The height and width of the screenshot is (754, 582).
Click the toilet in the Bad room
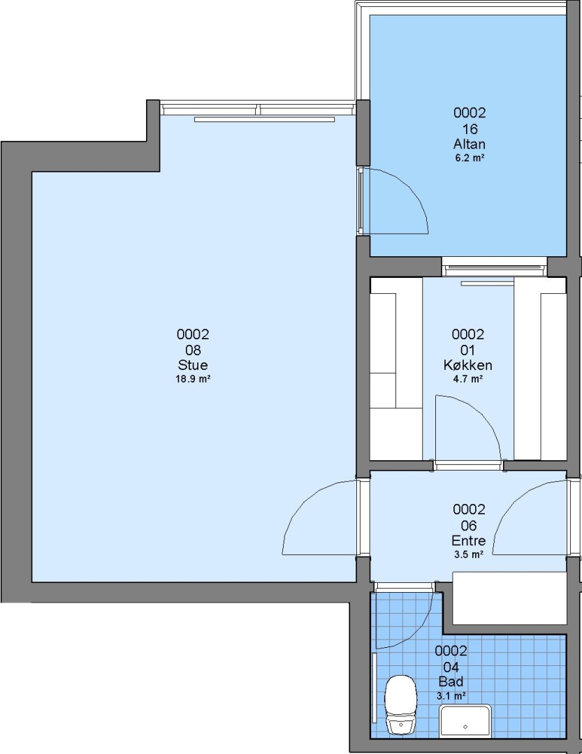point(400,704)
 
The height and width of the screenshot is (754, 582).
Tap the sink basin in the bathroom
point(465,720)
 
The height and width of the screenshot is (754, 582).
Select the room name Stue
point(193,364)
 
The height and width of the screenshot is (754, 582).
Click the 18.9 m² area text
point(193,379)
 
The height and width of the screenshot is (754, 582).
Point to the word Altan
point(470,144)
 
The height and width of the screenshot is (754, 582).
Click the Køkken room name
point(468,365)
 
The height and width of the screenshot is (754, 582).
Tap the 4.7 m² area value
point(468,379)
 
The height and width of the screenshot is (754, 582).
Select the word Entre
point(468,540)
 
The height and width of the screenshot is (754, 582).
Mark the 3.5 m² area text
point(468,554)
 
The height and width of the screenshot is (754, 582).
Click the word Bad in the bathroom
point(451,681)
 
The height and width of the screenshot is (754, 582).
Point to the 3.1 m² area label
point(451,695)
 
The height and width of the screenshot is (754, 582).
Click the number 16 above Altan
point(470,129)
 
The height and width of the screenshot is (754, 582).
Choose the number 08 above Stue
point(193,350)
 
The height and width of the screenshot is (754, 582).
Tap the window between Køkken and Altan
point(495,267)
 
